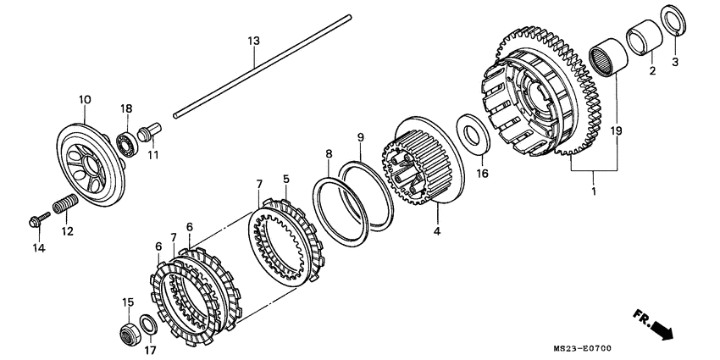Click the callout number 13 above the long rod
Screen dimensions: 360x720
pyautogui.click(x=252, y=42)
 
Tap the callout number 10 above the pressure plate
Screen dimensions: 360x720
pyautogui.click(x=85, y=100)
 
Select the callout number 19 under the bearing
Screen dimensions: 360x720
pyautogui.click(x=616, y=131)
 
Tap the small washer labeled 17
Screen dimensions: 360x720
pyautogui.click(x=147, y=324)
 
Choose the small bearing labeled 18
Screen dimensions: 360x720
pyautogui.click(x=128, y=143)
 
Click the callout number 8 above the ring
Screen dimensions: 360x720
pyautogui.click(x=329, y=154)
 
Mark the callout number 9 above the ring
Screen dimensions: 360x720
pyautogui.click(x=360, y=137)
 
